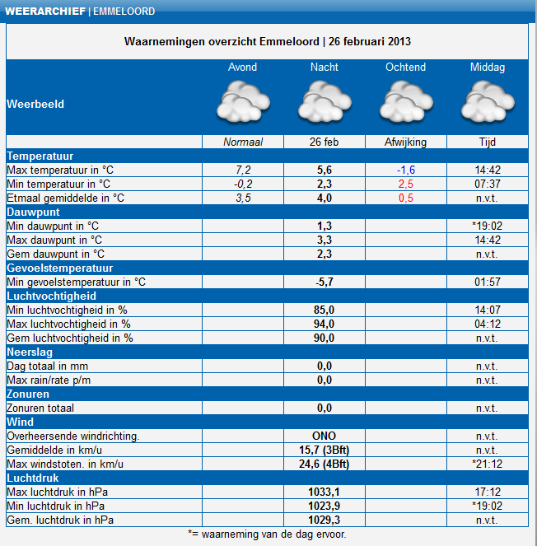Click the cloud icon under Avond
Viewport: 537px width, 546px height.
pos(243,101)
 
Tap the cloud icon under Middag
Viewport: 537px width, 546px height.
pos(488,101)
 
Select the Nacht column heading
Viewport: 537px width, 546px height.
pos(325,67)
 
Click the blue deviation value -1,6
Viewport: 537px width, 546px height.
pos(406,170)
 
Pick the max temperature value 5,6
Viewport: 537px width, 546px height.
pos(325,170)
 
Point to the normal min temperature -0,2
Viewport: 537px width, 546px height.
pos(243,184)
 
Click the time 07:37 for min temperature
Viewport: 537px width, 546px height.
pos(488,184)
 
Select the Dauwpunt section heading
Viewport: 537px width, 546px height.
pos(34,212)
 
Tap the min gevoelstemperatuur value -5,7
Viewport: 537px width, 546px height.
pos(325,282)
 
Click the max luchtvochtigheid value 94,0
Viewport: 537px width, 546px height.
pos(325,324)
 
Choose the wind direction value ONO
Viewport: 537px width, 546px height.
pos(325,436)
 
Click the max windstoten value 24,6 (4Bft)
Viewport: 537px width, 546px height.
pos(325,464)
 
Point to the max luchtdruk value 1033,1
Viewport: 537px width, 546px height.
pos(325,492)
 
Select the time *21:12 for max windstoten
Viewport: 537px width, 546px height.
pos(488,464)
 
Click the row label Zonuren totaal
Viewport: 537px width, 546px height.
pos(40,408)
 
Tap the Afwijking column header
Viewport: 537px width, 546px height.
pos(406,142)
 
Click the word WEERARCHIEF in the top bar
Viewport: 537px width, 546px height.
pos(45,12)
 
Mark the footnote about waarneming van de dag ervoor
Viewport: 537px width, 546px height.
pos(267,534)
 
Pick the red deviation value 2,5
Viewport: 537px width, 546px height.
pos(406,184)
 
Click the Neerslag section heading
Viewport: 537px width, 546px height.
pos(30,352)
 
